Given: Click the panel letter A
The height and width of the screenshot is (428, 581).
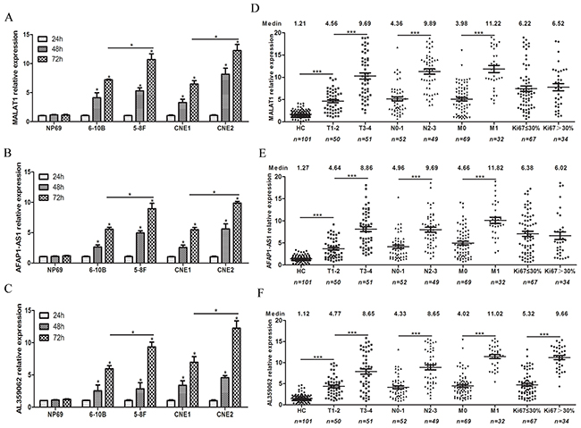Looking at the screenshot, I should tap(7, 9).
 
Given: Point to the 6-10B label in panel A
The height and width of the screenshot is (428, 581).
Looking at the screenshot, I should tap(105, 127).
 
